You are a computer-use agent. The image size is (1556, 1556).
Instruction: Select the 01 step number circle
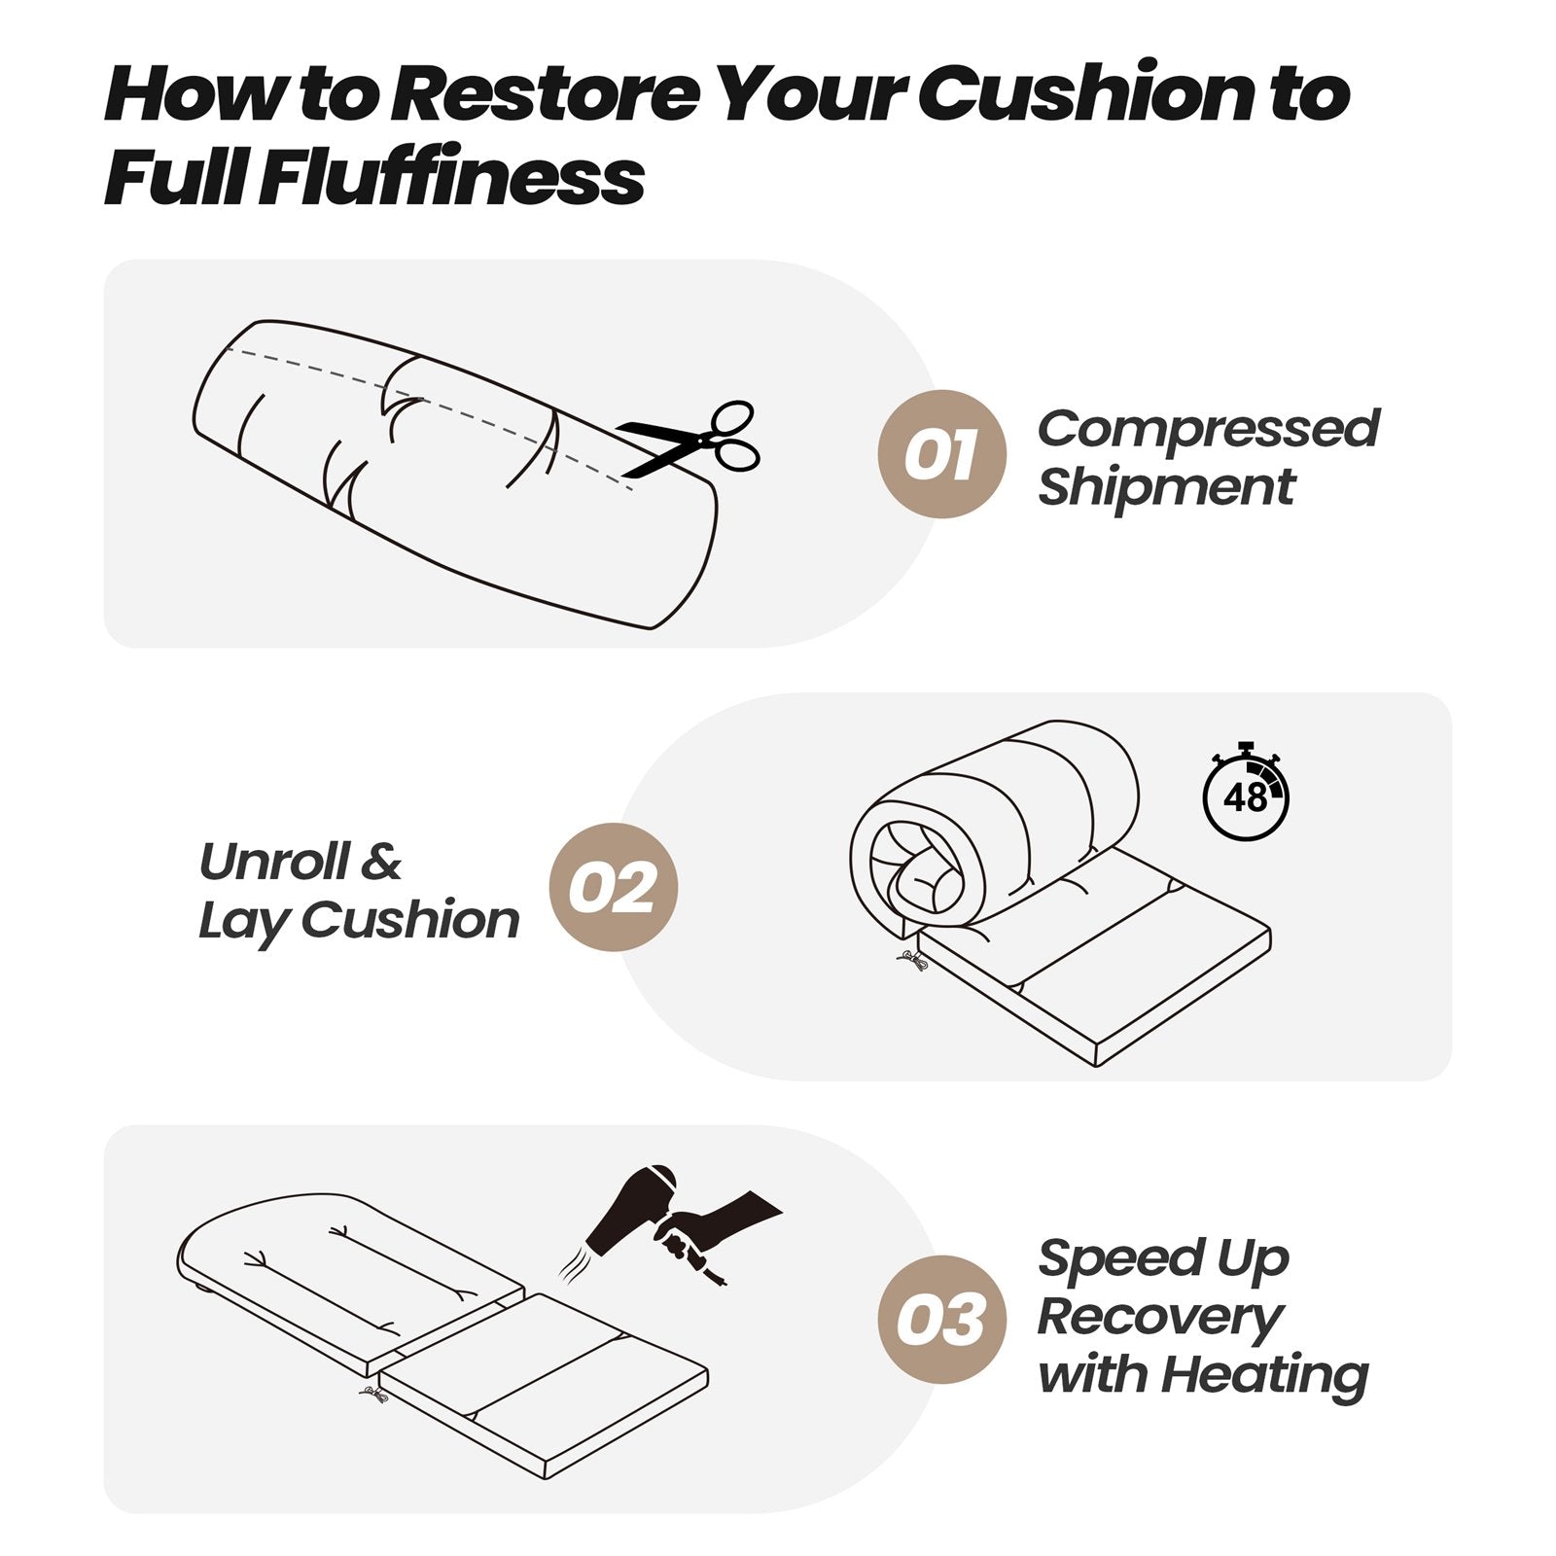[940, 454]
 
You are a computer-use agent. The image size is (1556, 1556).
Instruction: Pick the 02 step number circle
[613, 887]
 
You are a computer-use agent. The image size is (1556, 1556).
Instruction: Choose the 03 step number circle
[940, 1320]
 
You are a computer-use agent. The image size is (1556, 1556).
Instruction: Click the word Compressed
[1208, 429]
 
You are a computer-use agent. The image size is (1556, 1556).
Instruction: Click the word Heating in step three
[1264, 1375]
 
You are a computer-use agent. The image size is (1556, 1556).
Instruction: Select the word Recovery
[1159, 1318]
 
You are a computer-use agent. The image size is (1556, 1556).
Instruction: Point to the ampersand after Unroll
[381, 862]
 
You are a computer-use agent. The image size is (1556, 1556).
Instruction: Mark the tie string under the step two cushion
[911, 961]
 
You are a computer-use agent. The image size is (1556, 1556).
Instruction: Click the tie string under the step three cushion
[373, 1396]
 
